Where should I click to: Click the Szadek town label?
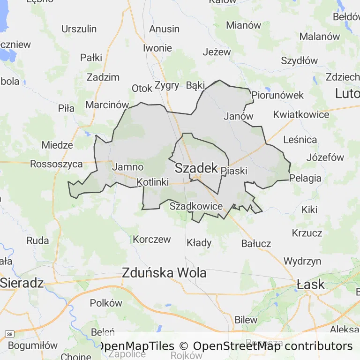point(196,168)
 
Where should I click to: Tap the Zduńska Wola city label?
point(164,272)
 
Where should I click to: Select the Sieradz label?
point(22,283)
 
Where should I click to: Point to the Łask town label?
point(311,284)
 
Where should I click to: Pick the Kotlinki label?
point(153,182)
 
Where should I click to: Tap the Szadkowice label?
point(196,206)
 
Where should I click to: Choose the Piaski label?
point(233,171)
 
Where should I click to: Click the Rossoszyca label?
point(56,164)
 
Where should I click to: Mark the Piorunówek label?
point(277,95)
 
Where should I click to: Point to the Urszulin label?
point(79,29)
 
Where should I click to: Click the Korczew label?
point(152,240)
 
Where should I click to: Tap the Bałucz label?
point(256,243)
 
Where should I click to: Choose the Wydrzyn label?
point(302,261)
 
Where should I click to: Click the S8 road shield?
point(8,334)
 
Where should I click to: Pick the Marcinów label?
point(107,105)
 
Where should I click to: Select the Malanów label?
point(319,37)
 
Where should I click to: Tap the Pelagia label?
point(306,178)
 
